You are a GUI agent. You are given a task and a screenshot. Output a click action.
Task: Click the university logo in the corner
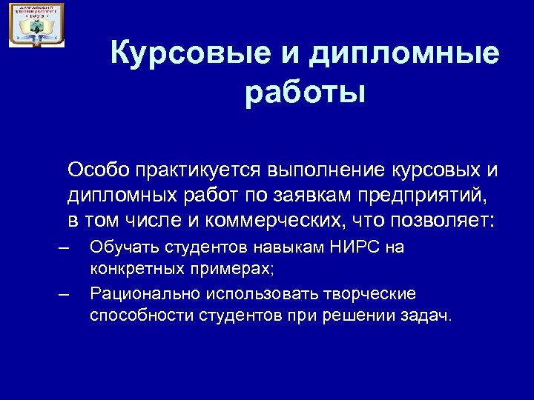(36, 25)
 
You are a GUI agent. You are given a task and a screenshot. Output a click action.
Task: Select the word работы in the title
(305, 94)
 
